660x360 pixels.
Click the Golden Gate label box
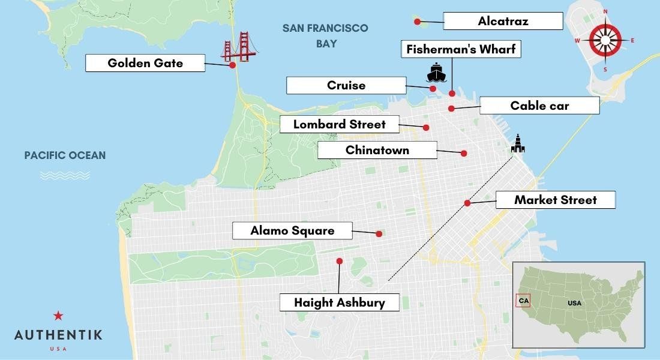point(145,63)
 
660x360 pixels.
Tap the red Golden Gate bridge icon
point(238,47)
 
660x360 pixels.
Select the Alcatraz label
point(503,22)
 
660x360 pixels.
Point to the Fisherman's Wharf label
point(460,49)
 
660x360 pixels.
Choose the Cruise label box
point(346,86)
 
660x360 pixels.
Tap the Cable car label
point(539,106)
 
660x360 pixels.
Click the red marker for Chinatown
point(464,154)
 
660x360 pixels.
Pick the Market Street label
point(556,200)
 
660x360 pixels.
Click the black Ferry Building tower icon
point(517,143)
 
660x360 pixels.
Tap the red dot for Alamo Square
point(379,234)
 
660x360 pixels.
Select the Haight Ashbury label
point(340,302)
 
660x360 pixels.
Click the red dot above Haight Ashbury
point(340,261)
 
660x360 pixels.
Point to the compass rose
point(604,41)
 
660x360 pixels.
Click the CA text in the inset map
point(524,300)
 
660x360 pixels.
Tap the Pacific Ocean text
point(65,156)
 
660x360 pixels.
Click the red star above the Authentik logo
point(58,316)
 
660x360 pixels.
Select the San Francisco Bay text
point(326,35)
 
